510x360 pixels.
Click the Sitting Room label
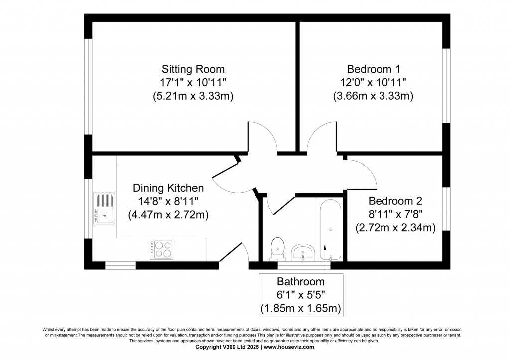193,69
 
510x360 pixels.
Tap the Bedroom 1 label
373,69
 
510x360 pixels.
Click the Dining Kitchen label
168,188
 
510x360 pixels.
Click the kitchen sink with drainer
104,208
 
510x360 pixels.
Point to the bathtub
330,229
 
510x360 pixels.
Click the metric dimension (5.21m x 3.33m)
193,96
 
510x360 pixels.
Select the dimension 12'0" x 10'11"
373,82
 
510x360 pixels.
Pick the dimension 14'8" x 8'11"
168,202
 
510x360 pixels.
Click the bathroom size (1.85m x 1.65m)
300,308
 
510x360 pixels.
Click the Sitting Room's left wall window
88,87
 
